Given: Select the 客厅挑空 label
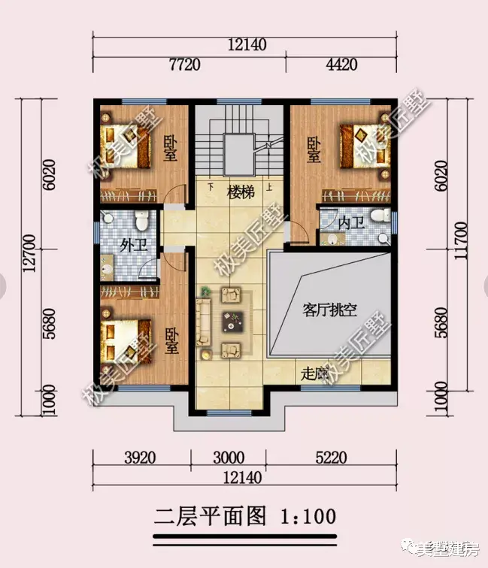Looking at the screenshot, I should (x=329, y=309).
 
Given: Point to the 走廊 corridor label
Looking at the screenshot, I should (x=316, y=373).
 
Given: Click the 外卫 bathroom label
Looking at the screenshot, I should (x=132, y=244).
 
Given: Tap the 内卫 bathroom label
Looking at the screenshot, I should (x=350, y=223).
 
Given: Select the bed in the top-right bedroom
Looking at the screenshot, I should (x=361, y=144).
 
